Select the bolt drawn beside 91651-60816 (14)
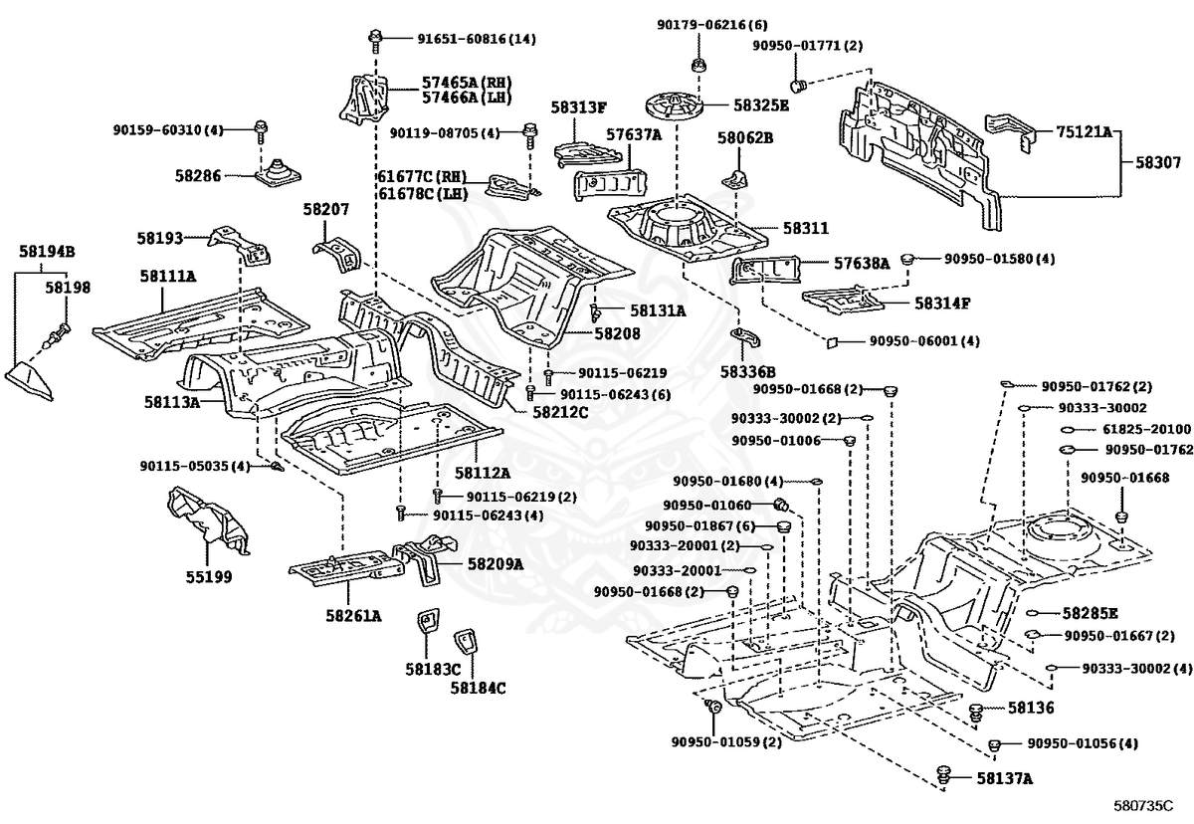375,40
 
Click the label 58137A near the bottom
1005,779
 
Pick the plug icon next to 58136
977,710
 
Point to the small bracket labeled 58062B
737,178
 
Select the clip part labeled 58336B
745,338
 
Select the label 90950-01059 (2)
726,741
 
